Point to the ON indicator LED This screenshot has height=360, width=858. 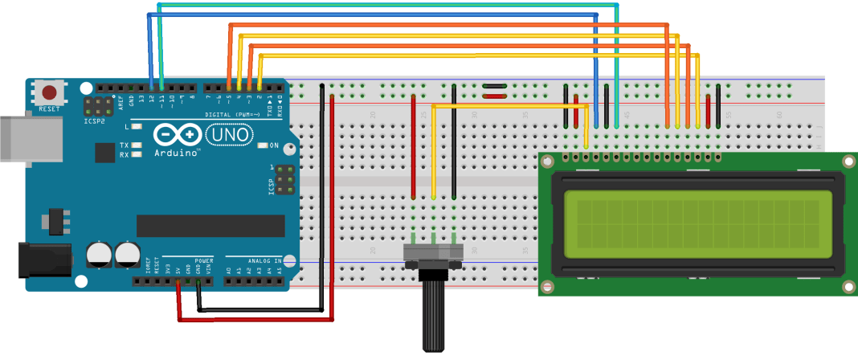coord(264,145)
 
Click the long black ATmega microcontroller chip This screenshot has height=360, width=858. coord(210,227)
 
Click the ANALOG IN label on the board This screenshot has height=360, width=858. coord(264,261)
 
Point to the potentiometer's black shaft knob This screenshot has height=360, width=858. coord(434,313)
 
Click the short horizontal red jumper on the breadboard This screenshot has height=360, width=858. coord(494,96)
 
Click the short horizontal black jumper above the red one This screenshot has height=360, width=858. coord(494,84)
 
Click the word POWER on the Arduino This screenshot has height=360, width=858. coord(203,261)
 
